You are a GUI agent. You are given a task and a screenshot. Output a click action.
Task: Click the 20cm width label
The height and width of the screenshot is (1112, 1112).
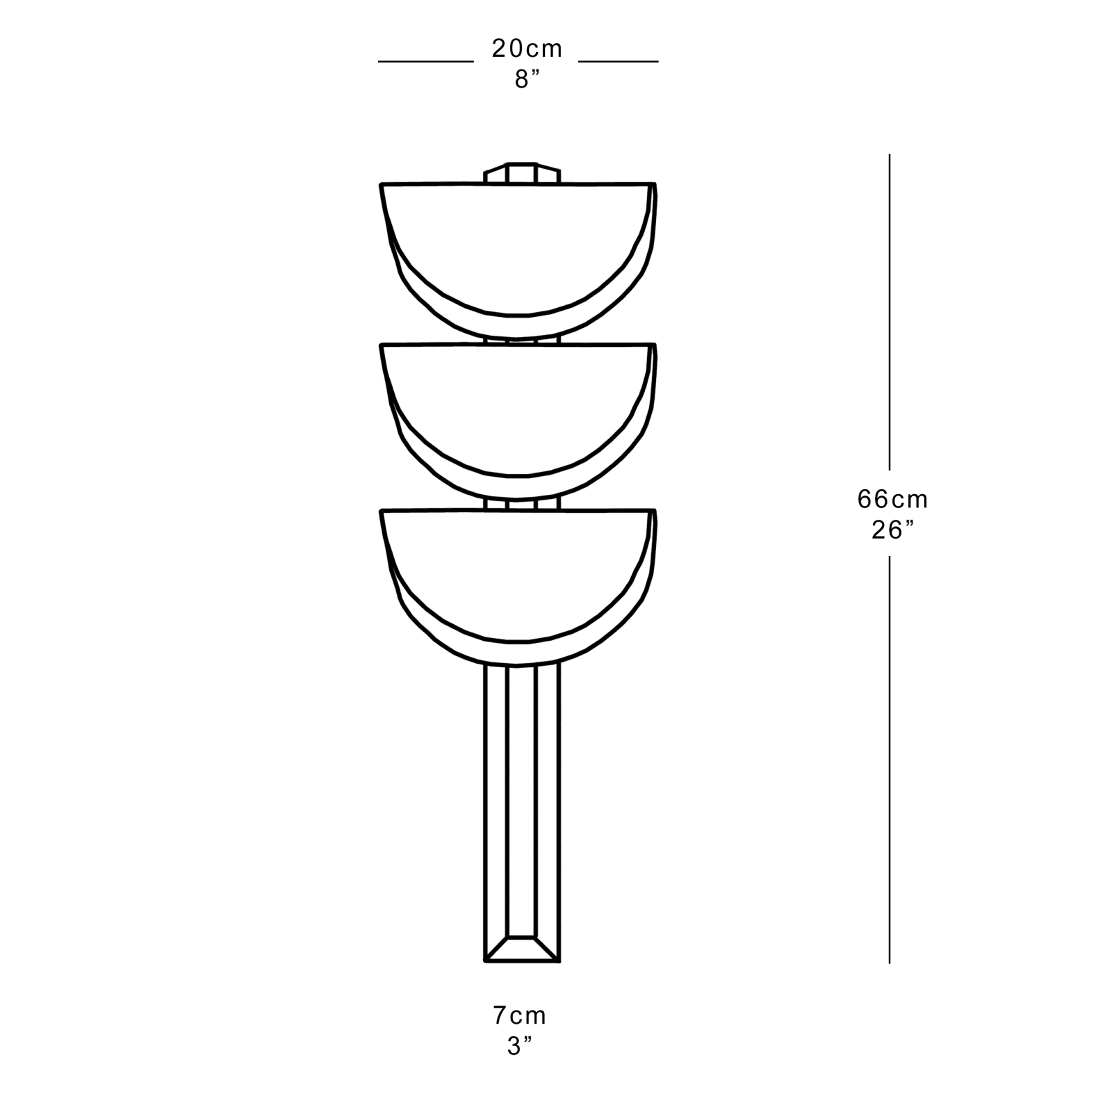pyautogui.click(x=527, y=49)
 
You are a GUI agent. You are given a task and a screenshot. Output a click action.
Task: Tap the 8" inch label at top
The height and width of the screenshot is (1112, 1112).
pyautogui.click(x=527, y=79)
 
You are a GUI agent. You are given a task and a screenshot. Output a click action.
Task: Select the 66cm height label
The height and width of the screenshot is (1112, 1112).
pyautogui.click(x=892, y=499)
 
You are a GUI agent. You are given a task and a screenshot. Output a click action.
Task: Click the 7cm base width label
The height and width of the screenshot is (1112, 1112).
pyautogui.click(x=520, y=1016)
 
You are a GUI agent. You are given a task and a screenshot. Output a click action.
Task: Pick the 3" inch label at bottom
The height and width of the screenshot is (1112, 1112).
pyautogui.click(x=520, y=1047)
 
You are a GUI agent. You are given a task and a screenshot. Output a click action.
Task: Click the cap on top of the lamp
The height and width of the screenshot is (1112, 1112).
pyautogui.click(x=522, y=173)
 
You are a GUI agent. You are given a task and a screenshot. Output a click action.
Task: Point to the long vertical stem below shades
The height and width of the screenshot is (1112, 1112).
pyautogui.click(x=522, y=799)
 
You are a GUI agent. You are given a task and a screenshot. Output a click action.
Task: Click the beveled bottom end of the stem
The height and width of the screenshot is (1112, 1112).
pyautogui.click(x=522, y=949)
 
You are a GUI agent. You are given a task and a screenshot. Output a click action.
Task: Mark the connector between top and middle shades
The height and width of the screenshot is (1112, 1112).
pyautogui.click(x=522, y=341)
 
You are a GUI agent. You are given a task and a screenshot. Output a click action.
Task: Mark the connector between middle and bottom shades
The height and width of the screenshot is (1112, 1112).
pyautogui.click(x=522, y=503)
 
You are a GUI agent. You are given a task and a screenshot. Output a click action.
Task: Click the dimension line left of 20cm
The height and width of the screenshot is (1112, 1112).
pyautogui.click(x=425, y=62)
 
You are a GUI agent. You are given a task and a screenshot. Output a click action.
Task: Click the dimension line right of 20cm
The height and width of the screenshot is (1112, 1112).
pyautogui.click(x=619, y=62)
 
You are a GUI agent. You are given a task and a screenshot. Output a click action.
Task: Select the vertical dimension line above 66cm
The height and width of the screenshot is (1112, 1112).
pyautogui.click(x=890, y=313)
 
